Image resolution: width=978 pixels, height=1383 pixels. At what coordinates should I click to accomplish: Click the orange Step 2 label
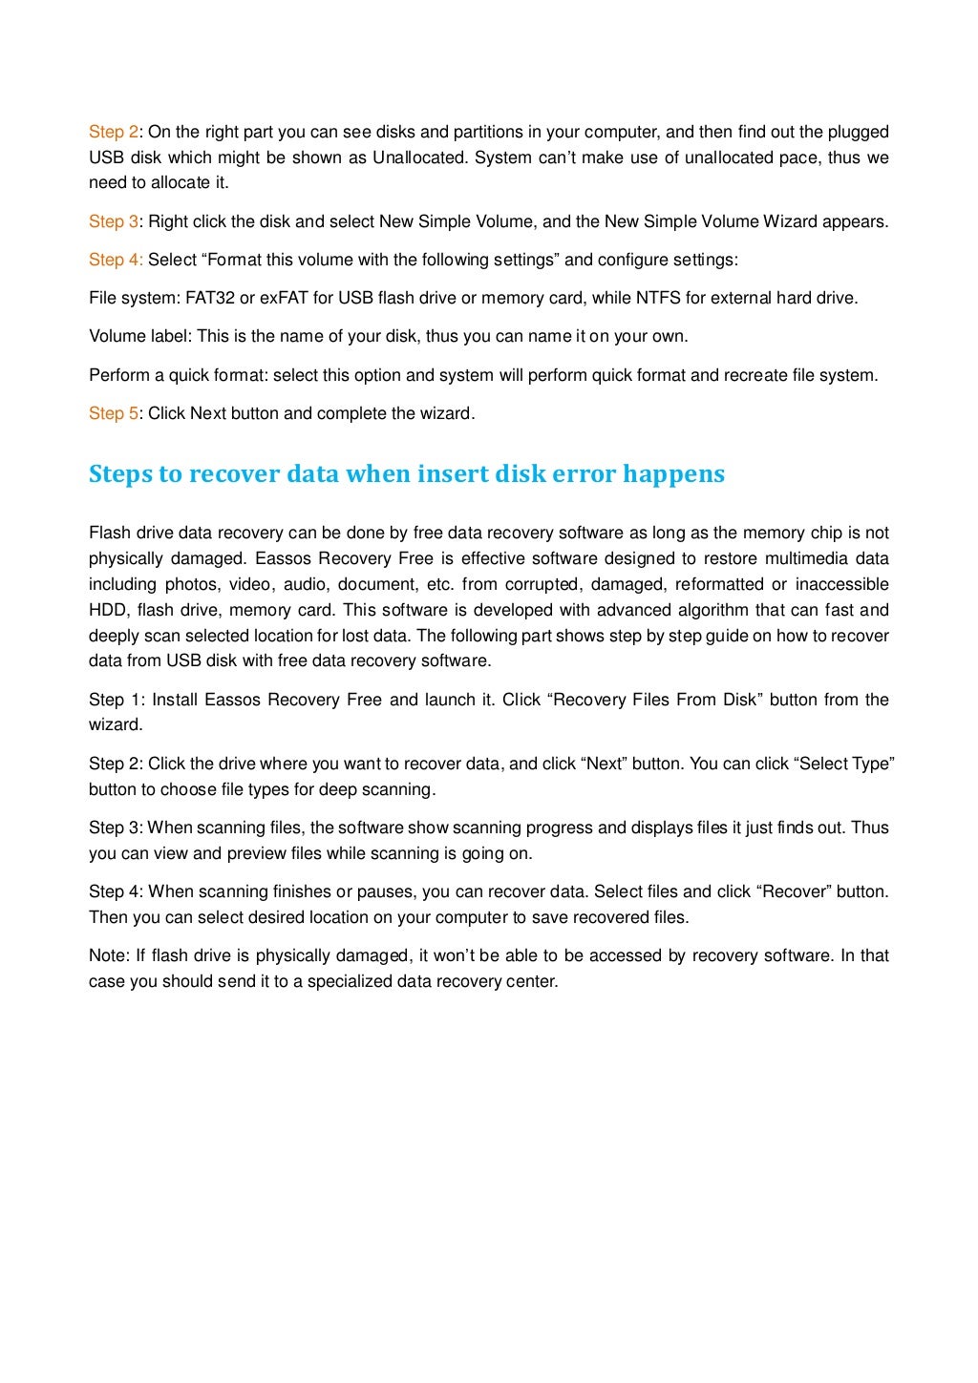114,132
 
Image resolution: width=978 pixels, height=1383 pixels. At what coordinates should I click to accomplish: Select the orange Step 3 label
114,221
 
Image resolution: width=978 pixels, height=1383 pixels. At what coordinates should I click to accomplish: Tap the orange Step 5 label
114,413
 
